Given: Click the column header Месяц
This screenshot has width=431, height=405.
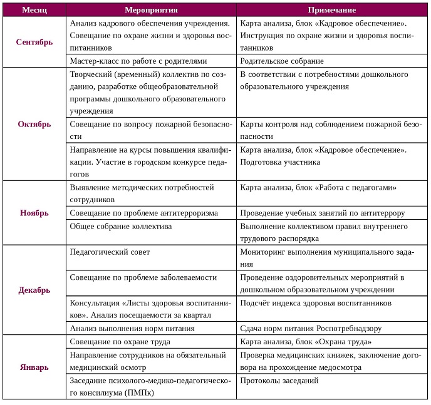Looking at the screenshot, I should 34,11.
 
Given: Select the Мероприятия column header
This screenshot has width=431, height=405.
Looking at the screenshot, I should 151,11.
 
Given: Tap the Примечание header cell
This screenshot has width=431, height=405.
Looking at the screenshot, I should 332,11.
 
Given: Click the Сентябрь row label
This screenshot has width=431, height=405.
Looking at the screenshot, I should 34,42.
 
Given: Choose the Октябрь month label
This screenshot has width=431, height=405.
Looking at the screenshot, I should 34,124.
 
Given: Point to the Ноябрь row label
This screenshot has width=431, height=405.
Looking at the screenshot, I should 34,213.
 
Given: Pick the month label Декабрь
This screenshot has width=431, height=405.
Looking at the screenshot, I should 34,290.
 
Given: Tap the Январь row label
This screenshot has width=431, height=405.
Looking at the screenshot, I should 34,367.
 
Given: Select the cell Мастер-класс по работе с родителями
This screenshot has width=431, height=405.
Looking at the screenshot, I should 138,61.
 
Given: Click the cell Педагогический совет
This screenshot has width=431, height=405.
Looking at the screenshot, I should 110,252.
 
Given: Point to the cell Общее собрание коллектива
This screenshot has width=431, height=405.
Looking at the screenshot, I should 120,226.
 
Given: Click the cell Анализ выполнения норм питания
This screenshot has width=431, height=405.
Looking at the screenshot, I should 132,328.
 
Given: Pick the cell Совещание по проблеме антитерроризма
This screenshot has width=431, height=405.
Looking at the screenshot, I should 143,213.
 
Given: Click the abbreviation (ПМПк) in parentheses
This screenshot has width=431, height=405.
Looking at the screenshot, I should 137,393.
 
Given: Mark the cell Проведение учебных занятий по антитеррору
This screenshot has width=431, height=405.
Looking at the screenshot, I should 323,213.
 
